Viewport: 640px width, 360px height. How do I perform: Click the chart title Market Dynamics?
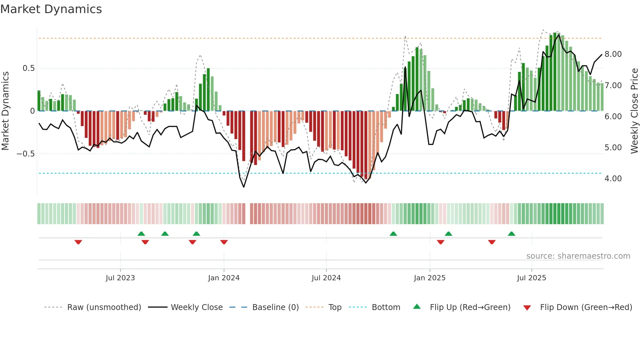pos(51,9)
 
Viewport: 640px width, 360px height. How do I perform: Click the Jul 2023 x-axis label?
pos(120,278)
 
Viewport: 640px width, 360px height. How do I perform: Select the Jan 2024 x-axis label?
pos(224,278)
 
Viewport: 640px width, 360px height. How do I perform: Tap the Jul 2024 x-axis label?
pos(326,278)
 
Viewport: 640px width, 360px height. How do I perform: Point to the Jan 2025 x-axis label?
pos(429,278)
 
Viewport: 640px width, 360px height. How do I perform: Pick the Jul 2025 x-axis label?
pos(531,278)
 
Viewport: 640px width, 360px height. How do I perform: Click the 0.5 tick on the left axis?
pos(28,68)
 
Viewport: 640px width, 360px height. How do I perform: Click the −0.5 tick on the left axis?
pos(26,154)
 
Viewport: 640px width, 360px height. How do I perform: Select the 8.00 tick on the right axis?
pos(613,54)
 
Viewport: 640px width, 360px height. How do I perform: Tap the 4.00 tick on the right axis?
pos(613,179)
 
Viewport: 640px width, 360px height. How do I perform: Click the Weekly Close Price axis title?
pos(634,111)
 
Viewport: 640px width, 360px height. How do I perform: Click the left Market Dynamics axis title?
pos(6,111)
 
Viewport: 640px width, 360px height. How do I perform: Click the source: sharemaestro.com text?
pos(578,256)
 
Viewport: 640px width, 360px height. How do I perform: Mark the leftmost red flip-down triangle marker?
pos(78,242)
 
